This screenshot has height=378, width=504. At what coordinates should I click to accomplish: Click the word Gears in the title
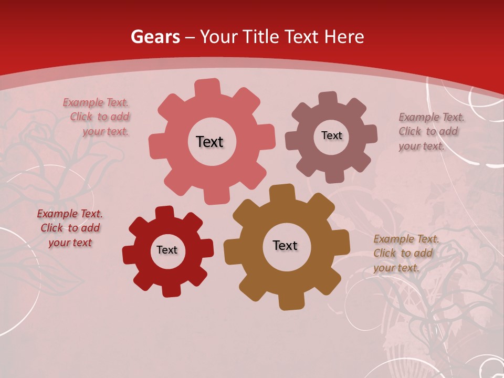point(155,37)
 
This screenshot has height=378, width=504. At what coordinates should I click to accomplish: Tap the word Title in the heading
point(261,37)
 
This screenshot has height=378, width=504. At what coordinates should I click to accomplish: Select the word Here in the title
point(344,37)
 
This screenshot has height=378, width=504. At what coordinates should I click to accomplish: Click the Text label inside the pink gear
point(209,142)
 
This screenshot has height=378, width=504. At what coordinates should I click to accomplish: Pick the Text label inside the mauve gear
point(331,135)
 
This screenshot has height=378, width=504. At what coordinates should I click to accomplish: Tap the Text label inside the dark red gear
point(167,250)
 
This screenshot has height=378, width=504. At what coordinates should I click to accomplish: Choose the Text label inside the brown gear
point(285,245)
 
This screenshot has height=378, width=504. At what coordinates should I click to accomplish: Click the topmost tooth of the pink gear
point(207,87)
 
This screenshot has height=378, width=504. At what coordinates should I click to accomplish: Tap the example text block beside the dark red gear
point(70,228)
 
